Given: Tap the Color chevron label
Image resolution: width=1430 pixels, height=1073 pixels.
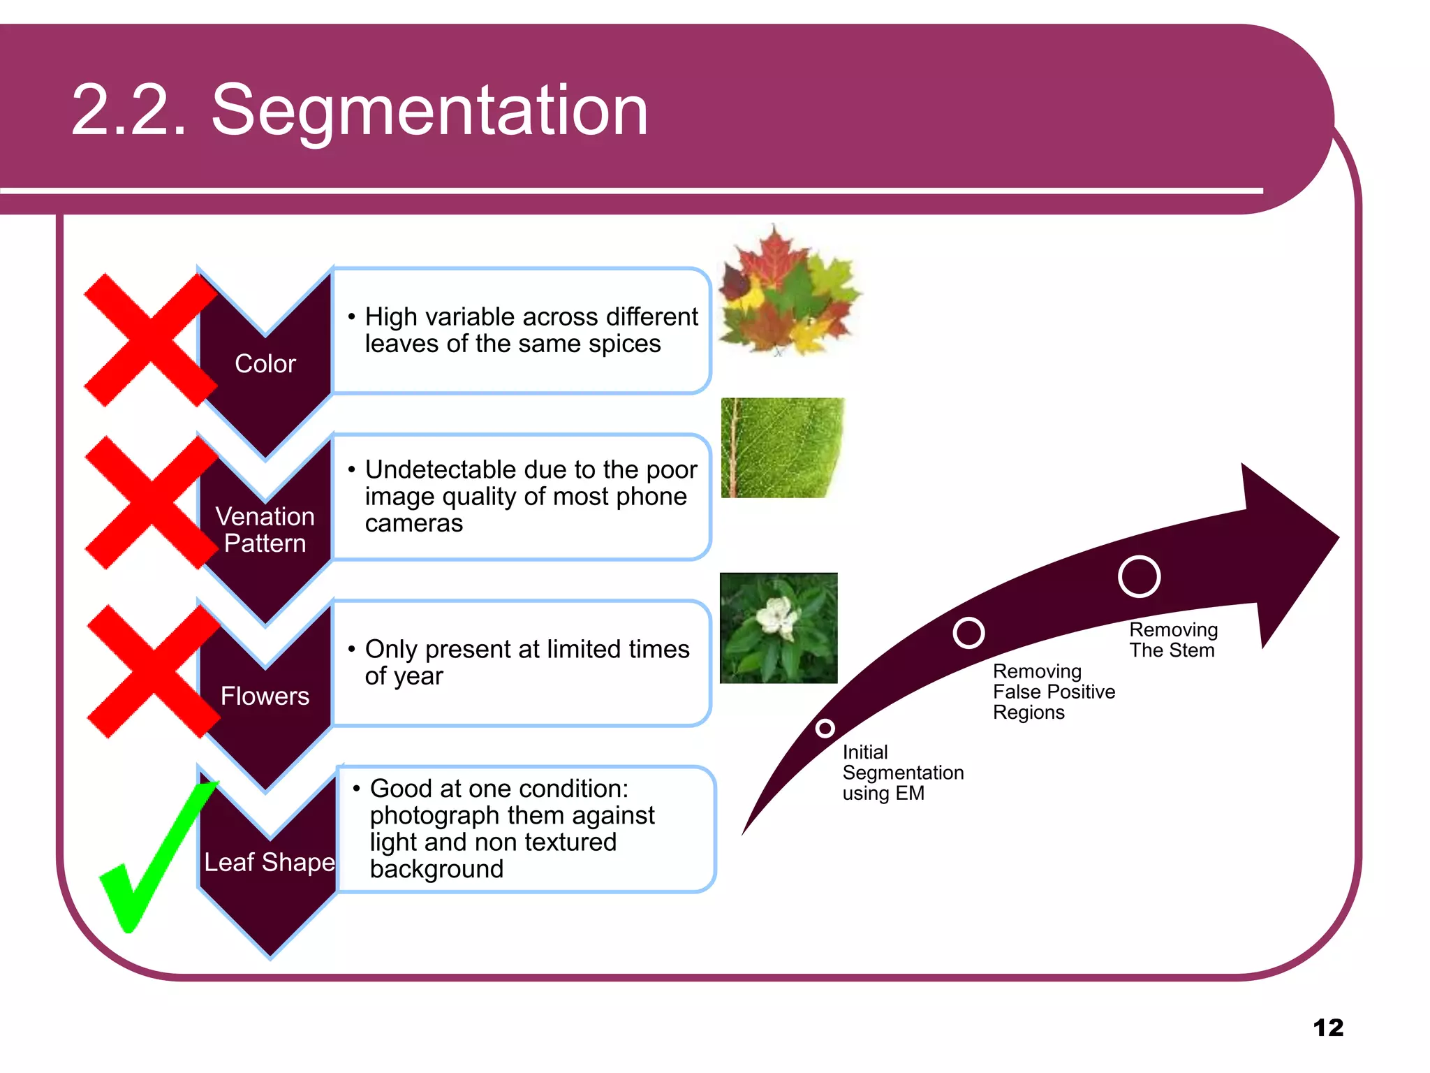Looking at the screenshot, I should point(265,364).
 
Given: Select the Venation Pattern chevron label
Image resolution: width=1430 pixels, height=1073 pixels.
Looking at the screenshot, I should point(265,530).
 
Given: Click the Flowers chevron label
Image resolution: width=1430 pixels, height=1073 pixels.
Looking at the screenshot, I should point(265,696).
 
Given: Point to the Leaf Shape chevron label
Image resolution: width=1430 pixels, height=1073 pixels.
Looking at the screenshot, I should point(269,862).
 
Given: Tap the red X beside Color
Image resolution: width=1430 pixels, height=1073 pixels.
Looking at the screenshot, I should point(149,340).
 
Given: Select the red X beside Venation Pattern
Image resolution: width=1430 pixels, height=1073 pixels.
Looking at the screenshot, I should point(151,502).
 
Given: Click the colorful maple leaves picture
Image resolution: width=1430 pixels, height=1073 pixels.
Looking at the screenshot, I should point(789,293).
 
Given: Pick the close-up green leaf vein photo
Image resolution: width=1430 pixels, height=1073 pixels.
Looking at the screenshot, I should point(782,448).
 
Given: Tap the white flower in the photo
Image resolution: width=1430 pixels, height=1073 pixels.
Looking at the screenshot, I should point(778,618).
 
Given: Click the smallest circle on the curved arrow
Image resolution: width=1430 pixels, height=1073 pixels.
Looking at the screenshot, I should point(825,729).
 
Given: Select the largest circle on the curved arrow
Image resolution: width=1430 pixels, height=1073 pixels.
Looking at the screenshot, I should point(1139,577).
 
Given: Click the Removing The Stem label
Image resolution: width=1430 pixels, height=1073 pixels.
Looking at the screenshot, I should point(1173,640).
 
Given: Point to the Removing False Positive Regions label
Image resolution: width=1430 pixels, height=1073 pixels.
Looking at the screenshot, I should point(1053,692).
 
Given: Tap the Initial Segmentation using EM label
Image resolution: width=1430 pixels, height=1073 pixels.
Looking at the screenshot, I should point(902,773).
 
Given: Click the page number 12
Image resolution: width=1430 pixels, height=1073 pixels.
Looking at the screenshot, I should point(1327,1028).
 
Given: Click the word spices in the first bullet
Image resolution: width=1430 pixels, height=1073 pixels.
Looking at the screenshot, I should point(624,344).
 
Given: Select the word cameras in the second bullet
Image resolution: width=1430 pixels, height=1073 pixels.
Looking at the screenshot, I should point(413,523).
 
